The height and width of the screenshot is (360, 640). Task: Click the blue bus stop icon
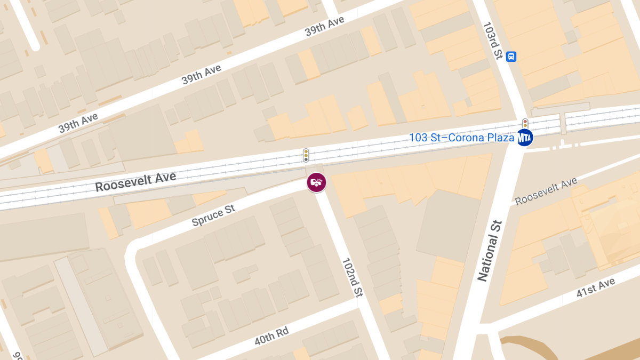coord(511,56)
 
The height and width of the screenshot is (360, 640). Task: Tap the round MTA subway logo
coord(525,138)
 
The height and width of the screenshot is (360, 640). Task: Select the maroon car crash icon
coord(316,183)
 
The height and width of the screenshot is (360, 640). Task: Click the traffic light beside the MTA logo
coord(525,124)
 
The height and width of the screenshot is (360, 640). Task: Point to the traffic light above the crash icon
coord(306,155)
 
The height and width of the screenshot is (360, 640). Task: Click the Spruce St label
coord(213,215)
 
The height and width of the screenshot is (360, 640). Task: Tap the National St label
coord(490,251)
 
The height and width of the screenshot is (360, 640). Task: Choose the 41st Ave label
coord(596,287)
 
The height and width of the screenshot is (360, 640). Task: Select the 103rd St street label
coord(492,41)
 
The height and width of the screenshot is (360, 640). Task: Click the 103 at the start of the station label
coord(418,138)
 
